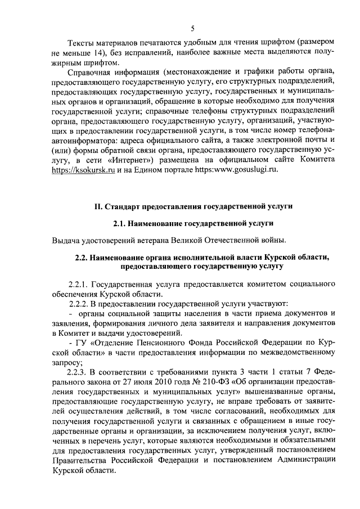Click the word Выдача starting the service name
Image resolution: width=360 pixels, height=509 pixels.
pos(65,241)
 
